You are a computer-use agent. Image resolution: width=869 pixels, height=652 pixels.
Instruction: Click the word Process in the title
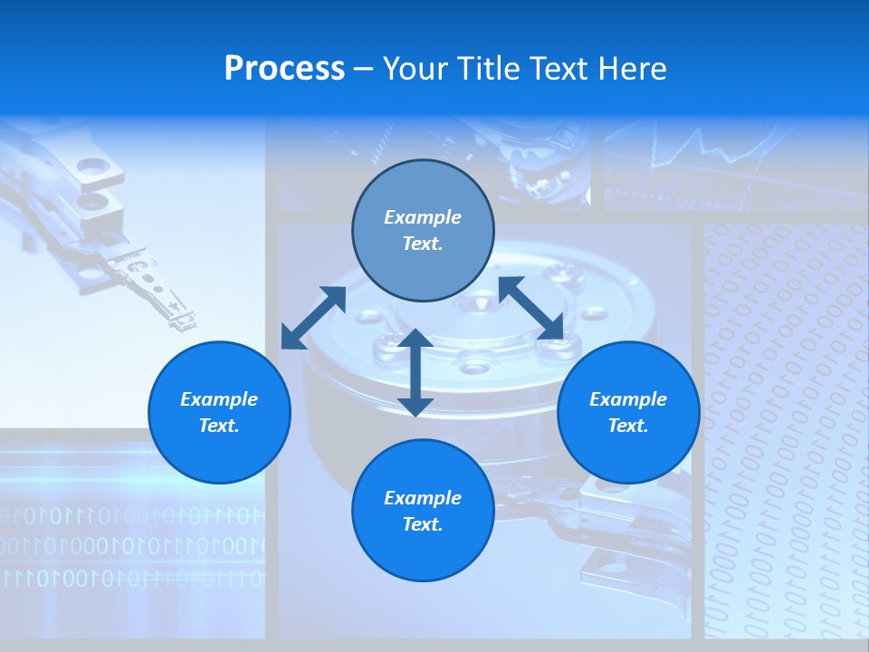coord(284,69)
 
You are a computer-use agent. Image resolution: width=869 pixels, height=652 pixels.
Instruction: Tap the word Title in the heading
coord(490,69)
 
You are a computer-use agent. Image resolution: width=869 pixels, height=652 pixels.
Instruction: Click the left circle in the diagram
coord(219,412)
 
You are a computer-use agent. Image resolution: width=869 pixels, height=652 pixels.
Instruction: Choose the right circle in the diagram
coord(628,412)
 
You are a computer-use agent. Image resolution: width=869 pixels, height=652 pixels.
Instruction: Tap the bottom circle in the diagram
coord(423,511)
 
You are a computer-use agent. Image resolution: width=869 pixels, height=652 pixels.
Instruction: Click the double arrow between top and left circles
coord(313,317)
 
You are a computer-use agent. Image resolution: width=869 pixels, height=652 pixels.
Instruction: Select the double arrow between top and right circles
coord(531,308)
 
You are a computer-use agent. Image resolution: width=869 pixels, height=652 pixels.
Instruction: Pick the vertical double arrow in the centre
coord(415,372)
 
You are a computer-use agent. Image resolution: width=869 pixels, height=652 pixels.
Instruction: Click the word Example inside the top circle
coord(423,217)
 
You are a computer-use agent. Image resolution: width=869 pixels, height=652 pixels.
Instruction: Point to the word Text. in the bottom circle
coord(423,524)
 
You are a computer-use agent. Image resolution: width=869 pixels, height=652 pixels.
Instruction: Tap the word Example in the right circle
coord(628,399)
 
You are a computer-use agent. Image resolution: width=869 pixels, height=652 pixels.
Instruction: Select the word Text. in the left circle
coord(219,426)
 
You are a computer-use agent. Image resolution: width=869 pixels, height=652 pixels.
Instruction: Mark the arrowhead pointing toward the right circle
coord(551,329)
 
